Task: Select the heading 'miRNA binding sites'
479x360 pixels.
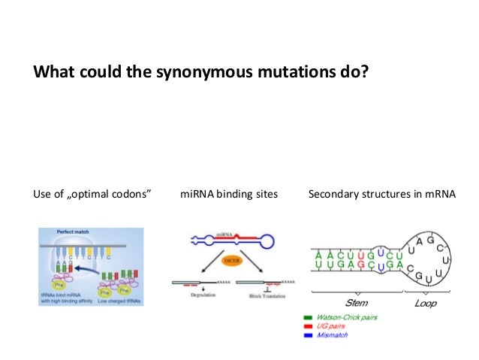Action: click(x=229, y=195)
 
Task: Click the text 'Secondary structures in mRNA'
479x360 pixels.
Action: click(x=381, y=195)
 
